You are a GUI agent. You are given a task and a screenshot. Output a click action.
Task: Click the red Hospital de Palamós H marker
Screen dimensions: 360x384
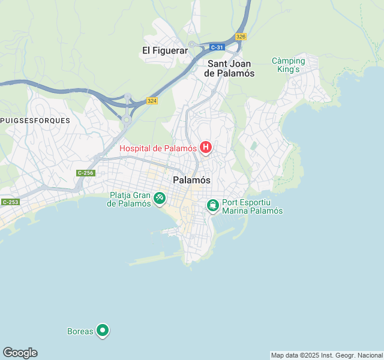[206, 148]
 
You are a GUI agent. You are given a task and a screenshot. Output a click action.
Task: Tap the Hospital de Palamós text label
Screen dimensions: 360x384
[158, 148]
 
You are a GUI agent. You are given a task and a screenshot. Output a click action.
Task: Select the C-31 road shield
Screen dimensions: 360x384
[217, 47]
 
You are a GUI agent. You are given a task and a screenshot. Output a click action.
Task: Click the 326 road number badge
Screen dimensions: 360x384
[241, 37]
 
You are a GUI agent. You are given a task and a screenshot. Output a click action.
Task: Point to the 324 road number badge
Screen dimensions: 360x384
[152, 101]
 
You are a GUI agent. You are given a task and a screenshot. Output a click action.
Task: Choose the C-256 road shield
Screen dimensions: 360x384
[86, 173]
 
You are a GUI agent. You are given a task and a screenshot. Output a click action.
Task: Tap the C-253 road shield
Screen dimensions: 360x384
[10, 202]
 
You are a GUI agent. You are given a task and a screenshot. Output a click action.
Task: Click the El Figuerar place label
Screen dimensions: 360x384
[165, 51]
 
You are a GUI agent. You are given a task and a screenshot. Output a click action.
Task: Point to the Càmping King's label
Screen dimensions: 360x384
[288, 65]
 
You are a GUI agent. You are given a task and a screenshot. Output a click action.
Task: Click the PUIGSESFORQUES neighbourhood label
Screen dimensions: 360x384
[35, 120]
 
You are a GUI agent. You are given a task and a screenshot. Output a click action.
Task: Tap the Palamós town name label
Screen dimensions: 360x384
[191, 179]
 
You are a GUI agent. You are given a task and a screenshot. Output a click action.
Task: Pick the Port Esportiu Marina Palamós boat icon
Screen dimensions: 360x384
[212, 206]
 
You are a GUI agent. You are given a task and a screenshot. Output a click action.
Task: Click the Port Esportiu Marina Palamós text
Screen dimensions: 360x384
[252, 206]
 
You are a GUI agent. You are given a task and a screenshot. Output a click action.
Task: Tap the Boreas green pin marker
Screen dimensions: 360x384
[103, 330]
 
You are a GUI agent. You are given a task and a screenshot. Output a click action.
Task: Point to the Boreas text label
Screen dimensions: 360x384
[80, 331]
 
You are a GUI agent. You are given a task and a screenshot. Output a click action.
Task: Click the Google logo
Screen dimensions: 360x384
[20, 353]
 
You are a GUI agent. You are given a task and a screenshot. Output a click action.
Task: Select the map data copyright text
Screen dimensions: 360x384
[326, 355]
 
